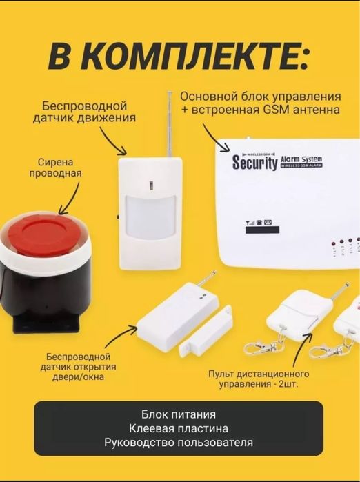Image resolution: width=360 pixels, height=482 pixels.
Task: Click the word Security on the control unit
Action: point(254,163)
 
